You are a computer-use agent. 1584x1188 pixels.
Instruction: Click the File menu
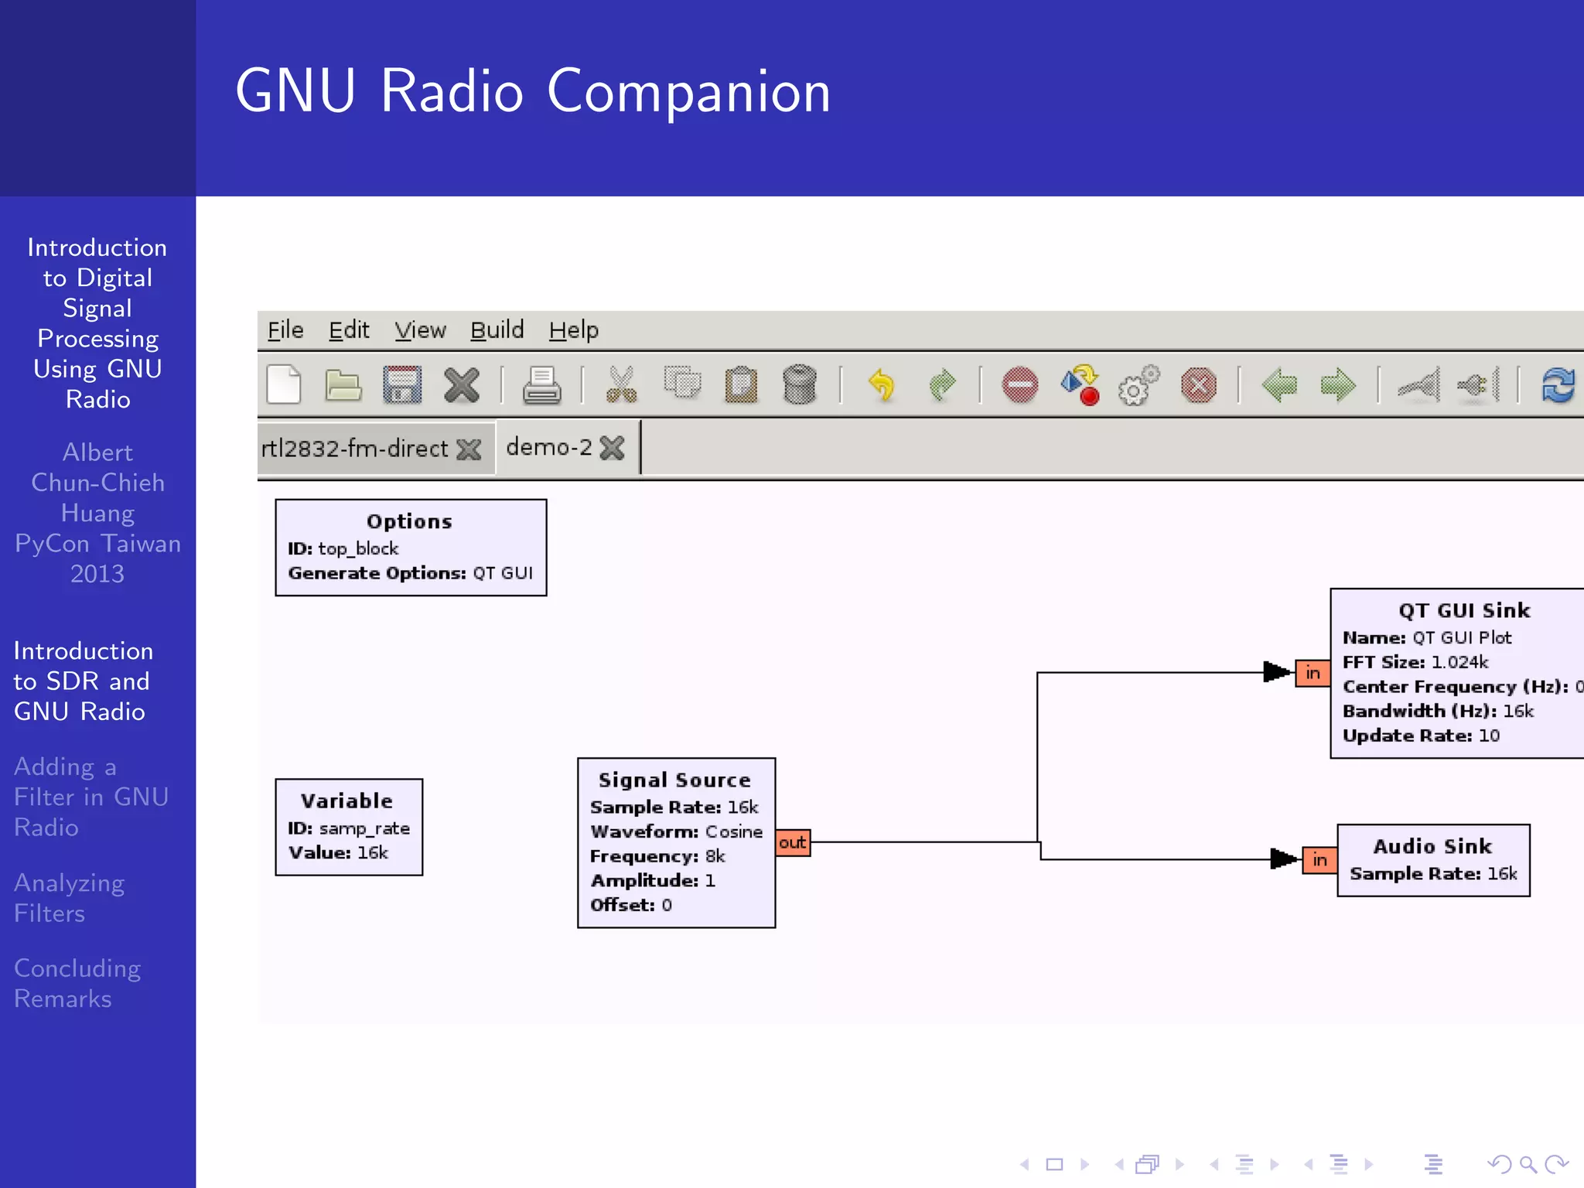point(285,330)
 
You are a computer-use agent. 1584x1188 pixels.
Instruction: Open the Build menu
point(497,330)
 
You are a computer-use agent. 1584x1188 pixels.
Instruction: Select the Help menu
point(573,330)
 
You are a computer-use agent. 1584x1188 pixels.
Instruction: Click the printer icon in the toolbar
point(541,385)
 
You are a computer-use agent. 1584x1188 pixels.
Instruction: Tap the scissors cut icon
point(621,385)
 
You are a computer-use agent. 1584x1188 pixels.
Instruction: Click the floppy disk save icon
point(402,385)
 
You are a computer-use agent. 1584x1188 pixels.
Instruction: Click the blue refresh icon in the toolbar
point(1558,385)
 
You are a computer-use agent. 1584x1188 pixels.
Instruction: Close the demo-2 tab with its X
point(612,448)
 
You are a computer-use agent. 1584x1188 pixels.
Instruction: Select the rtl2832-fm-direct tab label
point(355,449)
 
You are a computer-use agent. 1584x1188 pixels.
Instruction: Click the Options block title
point(409,521)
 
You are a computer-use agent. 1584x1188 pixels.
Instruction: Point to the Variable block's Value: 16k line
point(338,852)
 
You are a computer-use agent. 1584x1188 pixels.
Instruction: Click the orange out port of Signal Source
point(793,842)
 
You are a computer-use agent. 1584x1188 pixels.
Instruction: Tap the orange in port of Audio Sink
point(1319,859)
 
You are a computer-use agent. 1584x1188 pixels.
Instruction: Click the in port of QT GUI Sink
point(1313,673)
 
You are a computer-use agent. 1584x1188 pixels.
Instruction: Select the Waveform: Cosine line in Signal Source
point(676,831)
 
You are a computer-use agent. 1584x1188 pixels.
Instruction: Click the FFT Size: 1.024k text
point(1415,662)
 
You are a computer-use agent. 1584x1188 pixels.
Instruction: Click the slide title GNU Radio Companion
point(533,91)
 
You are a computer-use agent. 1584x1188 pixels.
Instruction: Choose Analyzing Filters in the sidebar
point(70,898)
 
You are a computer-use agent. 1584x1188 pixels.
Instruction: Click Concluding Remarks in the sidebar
point(77,983)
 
